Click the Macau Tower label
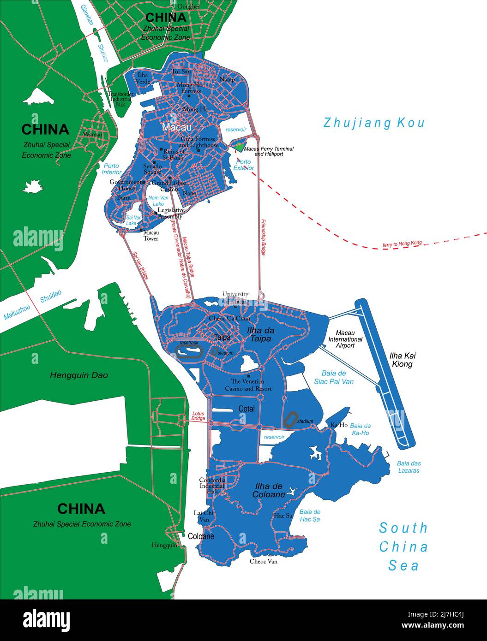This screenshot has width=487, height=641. point(151,236)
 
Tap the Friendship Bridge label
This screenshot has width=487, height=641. point(263,237)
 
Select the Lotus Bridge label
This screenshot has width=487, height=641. point(198,416)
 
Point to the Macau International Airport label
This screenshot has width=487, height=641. point(345,339)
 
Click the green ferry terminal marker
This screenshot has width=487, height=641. point(239,148)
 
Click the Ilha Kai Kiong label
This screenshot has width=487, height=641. point(403,360)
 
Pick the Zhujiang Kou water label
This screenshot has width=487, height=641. point(373,123)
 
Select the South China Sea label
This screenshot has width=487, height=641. point(403,546)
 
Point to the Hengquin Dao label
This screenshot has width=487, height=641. point(79,375)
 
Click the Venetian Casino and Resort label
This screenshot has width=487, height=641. point(248,385)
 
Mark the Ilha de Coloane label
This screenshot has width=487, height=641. point(269,491)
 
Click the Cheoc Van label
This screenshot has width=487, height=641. point(264,561)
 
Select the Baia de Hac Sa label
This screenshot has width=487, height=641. point(310,516)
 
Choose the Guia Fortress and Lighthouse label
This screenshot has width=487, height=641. point(198,142)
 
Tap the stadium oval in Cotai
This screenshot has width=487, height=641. point(291,419)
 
